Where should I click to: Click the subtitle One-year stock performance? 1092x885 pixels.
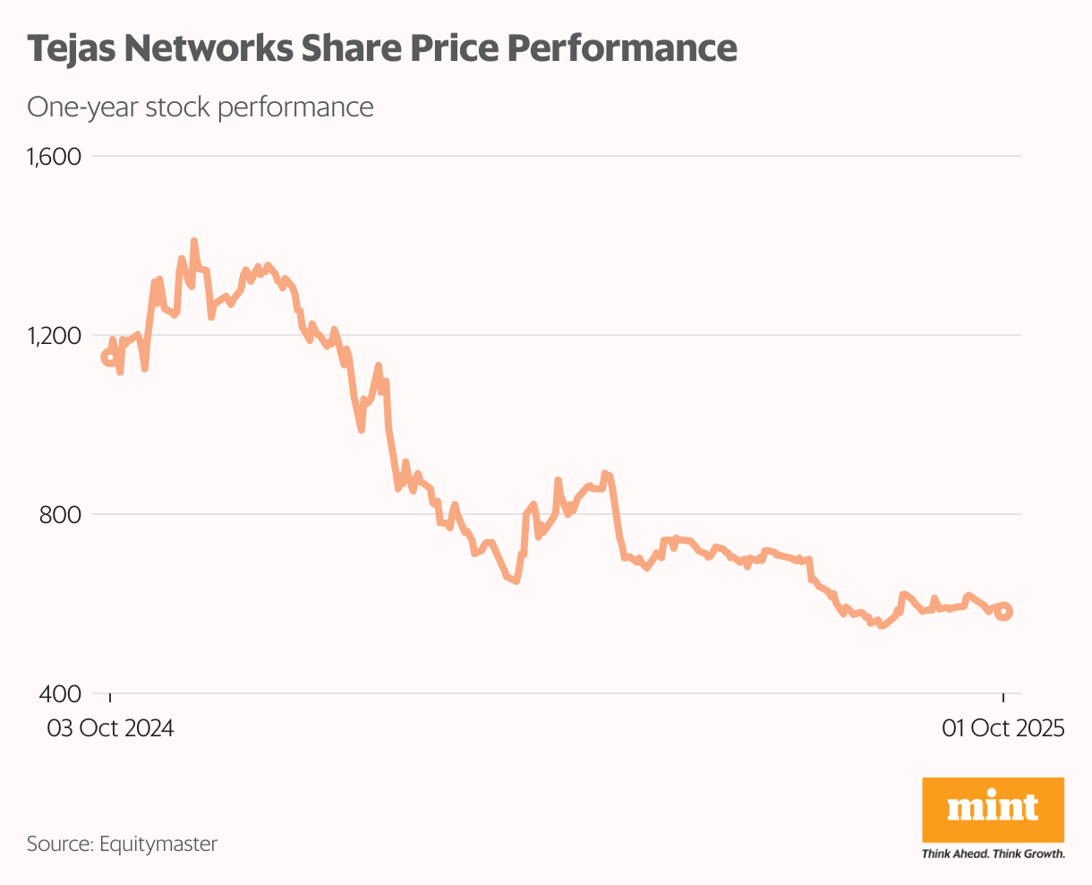click(200, 107)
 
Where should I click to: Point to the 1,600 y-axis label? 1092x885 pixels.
click(54, 157)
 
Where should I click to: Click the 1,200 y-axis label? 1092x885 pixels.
click(54, 336)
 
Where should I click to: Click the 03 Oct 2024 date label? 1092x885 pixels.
click(110, 727)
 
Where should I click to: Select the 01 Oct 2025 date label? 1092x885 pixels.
click(1002, 727)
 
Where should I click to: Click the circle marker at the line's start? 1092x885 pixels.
click(109, 357)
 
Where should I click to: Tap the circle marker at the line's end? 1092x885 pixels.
click(1004, 612)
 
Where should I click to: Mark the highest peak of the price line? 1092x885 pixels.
click(193, 242)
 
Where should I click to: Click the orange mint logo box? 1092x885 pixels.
click(993, 809)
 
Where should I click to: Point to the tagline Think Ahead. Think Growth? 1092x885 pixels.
click(993, 854)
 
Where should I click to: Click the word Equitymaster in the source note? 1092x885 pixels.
click(158, 843)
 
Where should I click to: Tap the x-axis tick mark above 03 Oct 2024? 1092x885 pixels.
click(110, 700)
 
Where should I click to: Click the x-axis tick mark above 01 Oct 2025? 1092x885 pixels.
click(1003, 700)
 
